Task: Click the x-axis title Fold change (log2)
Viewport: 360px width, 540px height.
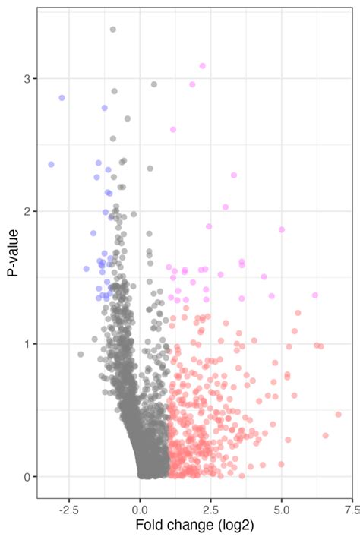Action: click(194, 526)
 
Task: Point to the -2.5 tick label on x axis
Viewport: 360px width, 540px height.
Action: click(68, 507)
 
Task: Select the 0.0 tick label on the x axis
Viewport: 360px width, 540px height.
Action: click(140, 507)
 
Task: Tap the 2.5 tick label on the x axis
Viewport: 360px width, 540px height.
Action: click(210, 507)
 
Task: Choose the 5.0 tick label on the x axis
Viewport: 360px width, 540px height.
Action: click(282, 507)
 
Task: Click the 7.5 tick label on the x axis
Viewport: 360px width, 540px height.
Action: click(352, 507)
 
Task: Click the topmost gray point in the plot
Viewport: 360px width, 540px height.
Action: click(113, 30)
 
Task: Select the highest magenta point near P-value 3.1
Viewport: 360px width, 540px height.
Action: click(202, 66)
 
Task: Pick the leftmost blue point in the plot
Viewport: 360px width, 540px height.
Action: click(51, 164)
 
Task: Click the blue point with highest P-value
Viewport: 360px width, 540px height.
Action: click(62, 98)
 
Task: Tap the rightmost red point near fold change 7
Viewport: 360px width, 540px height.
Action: click(339, 415)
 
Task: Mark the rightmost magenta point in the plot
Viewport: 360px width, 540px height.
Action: click(315, 295)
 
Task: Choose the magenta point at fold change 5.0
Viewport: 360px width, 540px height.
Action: click(282, 229)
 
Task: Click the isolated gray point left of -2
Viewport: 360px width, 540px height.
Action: click(81, 355)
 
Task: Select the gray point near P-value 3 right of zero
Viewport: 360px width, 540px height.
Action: click(154, 84)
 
